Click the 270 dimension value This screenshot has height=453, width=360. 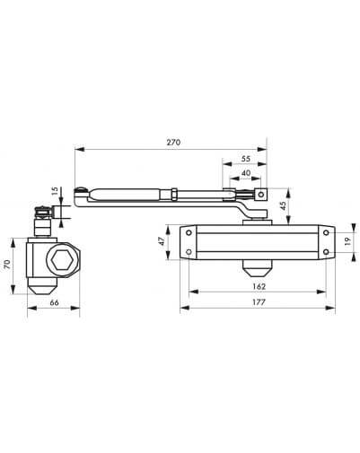173,142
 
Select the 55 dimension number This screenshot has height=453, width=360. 246,159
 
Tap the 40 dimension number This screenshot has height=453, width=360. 246,173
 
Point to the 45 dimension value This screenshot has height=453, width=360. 283,205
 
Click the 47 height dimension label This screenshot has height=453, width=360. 161,241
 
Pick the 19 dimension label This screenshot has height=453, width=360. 347,241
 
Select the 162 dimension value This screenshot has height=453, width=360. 259,286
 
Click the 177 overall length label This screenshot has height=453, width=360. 259,302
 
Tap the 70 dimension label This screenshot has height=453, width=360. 7,264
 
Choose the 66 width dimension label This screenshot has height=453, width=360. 54,302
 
